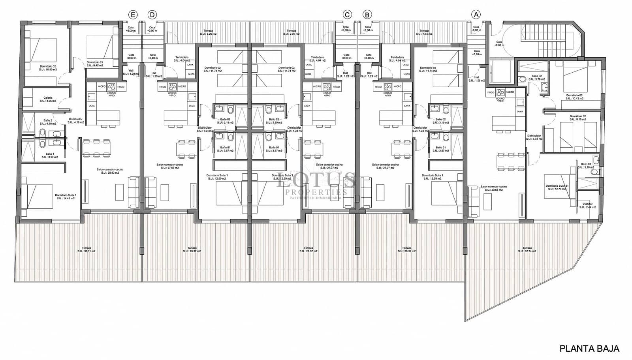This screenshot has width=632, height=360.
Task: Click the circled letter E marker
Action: click(133, 15)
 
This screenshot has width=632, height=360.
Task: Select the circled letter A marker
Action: click(476, 15)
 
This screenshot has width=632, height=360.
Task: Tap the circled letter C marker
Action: click(347, 15)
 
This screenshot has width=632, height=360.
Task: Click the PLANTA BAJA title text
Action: click(589, 349)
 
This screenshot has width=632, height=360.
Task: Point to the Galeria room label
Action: click(48, 99)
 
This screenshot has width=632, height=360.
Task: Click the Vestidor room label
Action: click(588, 206)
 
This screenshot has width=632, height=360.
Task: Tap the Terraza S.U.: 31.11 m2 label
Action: click(87, 249)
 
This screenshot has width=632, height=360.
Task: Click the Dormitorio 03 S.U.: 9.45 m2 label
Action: click(95, 64)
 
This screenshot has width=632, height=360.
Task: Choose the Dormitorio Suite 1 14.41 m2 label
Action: click(65, 197)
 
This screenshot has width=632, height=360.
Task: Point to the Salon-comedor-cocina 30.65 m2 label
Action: click(493, 188)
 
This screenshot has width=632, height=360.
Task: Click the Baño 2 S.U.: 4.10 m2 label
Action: click(48, 122)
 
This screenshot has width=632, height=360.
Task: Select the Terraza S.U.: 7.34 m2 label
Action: click(424, 32)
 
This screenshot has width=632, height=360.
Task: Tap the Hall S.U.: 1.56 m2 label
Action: click(476, 79)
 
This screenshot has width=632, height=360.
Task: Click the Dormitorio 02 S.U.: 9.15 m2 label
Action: click(577, 118)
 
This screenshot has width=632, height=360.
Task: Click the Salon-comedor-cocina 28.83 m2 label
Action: click(110, 171)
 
